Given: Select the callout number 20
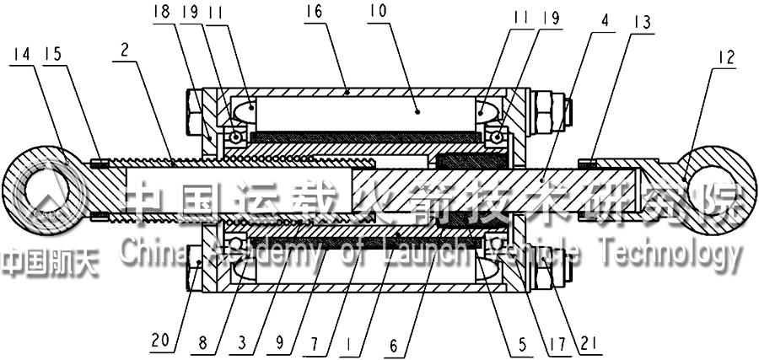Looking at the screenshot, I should tap(161, 341).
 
